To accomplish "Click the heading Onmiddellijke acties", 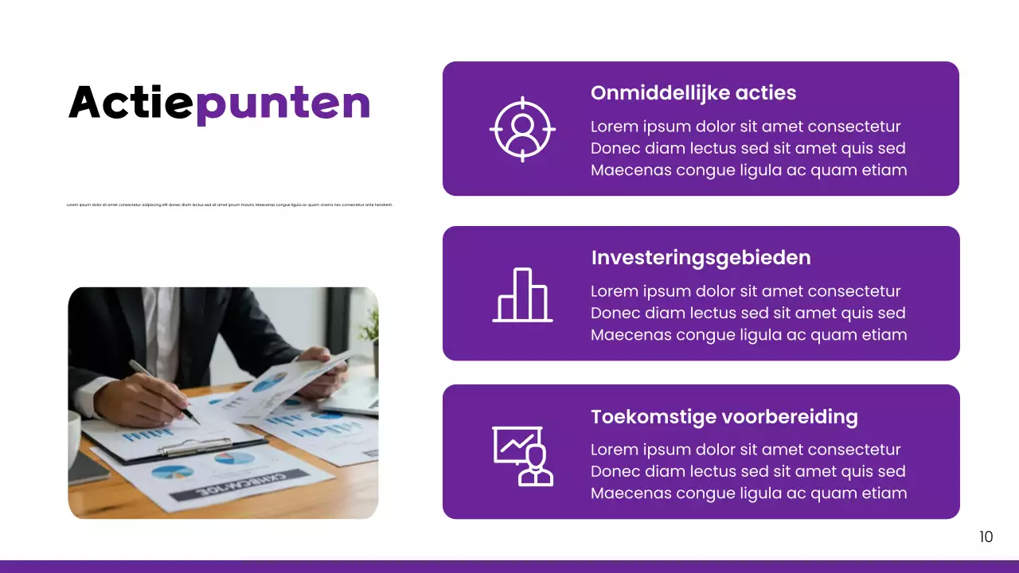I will (693, 93).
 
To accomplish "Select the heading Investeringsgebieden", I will (701, 258).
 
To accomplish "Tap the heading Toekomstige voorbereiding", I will (724, 417).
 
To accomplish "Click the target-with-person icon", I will (522, 129).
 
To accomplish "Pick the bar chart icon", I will (522, 295).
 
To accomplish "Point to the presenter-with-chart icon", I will (522, 455).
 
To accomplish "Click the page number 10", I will (986, 537).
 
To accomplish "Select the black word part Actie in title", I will (131, 103).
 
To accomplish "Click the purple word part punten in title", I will (283, 104).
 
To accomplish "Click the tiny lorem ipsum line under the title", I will (230, 205).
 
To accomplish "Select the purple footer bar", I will (509, 567).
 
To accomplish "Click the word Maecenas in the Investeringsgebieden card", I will (631, 335).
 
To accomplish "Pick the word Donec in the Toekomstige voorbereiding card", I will (614, 471).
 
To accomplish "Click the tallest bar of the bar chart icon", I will (522, 294).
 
